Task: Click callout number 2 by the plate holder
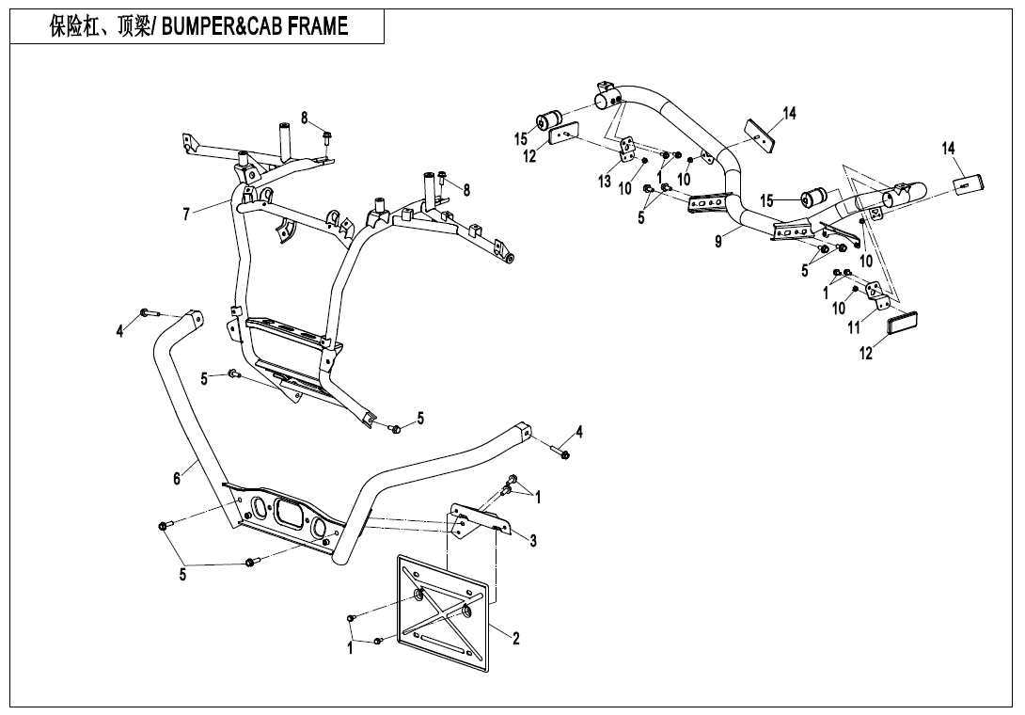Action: (516, 638)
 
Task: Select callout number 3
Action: (533, 540)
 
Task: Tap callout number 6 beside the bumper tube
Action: (177, 478)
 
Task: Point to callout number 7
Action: (186, 214)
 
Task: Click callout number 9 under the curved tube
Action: (718, 242)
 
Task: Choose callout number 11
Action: (854, 328)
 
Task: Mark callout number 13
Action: (605, 181)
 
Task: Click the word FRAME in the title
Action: (304, 26)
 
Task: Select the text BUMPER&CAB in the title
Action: (205, 26)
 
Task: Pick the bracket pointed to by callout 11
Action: (878, 302)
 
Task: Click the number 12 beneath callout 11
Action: (866, 354)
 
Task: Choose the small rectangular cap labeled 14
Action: (968, 184)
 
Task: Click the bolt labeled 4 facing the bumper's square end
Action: (563, 455)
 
